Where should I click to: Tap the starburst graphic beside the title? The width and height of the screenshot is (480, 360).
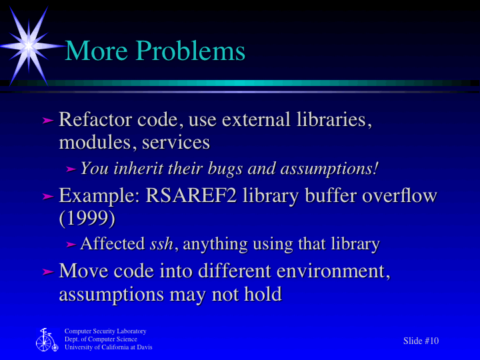29,45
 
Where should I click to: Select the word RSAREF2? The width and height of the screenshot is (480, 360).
196,196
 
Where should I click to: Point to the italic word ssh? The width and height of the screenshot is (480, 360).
163,244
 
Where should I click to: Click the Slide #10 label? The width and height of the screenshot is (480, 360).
421,341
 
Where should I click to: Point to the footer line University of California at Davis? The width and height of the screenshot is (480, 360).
108,347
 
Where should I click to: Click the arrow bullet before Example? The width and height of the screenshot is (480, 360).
47,197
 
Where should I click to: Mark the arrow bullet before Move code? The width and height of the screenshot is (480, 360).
47,272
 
